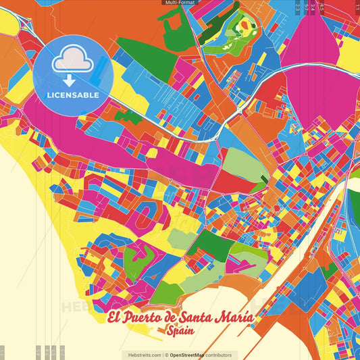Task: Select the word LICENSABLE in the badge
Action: pos(73,95)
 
